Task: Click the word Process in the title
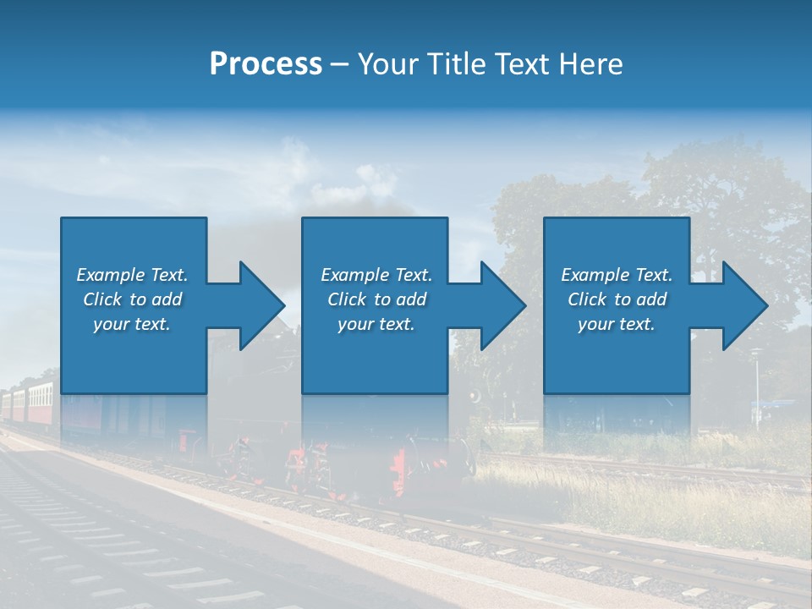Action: pos(266,64)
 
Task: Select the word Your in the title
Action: pos(386,64)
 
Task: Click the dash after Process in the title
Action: pos(339,66)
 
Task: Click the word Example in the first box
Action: pos(110,275)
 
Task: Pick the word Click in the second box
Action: pos(347,299)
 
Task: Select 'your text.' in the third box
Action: pos(616,324)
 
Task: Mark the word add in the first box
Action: pos(167,299)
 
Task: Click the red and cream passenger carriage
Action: pos(38,401)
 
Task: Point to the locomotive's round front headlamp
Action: pos(475,396)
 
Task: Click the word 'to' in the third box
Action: pos(623,299)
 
